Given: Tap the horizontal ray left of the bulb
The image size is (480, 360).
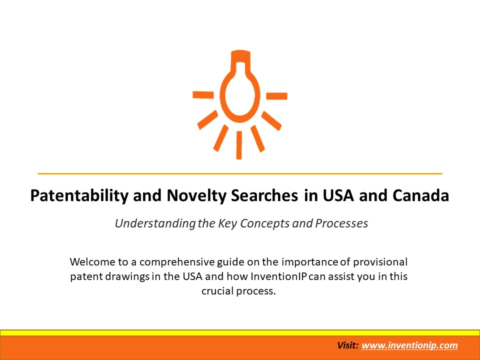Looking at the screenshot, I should [x=203, y=94].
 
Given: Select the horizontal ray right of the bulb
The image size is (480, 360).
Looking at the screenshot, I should [x=276, y=95].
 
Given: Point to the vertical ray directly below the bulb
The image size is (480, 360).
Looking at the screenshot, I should [x=239, y=145].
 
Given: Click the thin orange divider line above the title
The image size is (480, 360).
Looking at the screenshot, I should [x=240, y=173].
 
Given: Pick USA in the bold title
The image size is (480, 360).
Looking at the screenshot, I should [x=333, y=196].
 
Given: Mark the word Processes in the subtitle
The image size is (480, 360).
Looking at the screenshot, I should [x=341, y=223].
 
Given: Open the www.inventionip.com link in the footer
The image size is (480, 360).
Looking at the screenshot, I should [x=409, y=345].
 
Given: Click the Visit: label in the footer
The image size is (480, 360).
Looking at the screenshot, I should [x=347, y=345].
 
